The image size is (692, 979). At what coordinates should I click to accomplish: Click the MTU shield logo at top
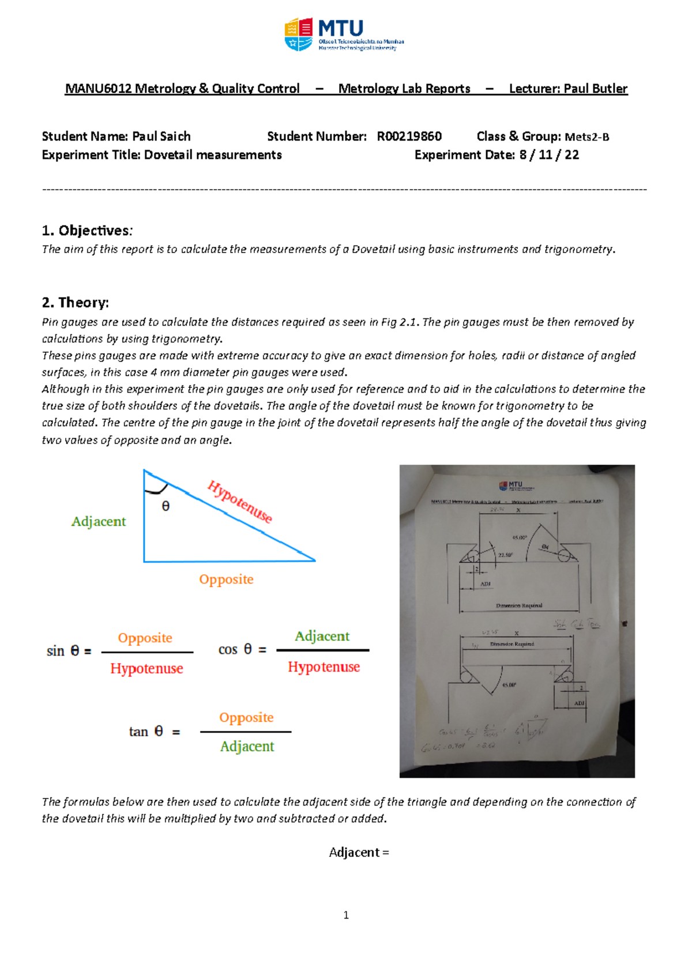pos(299,35)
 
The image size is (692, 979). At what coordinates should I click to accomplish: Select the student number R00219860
pos(409,137)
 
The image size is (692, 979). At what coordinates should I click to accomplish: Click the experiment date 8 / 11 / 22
pos(549,155)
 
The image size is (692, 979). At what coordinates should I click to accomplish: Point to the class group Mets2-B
pos(586,137)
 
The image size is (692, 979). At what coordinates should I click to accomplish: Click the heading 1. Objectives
pos(87,231)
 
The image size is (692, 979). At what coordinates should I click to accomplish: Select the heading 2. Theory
pos(76,303)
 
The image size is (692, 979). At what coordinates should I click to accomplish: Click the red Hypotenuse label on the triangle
pos(239,502)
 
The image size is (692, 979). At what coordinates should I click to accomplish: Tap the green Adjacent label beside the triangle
pos(99,522)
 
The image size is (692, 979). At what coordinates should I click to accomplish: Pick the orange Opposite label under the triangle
pos(226,579)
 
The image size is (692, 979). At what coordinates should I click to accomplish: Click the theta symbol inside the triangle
pos(166,506)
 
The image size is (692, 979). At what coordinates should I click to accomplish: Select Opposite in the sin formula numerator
pos(145,638)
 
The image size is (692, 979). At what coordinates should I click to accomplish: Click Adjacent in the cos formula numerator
pos(322,636)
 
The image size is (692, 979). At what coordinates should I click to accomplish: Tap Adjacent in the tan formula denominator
pos(247,747)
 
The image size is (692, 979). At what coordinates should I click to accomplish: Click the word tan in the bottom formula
pos(138,732)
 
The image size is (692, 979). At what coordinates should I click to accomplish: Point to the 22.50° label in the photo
pos(505,555)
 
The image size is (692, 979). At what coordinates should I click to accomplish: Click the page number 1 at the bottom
pos(346,915)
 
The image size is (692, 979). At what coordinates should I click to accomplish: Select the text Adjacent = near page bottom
pos(359,853)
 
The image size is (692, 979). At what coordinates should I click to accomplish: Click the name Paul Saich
pos(161,137)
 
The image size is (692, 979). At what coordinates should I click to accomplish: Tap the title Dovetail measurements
pos(213,155)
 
